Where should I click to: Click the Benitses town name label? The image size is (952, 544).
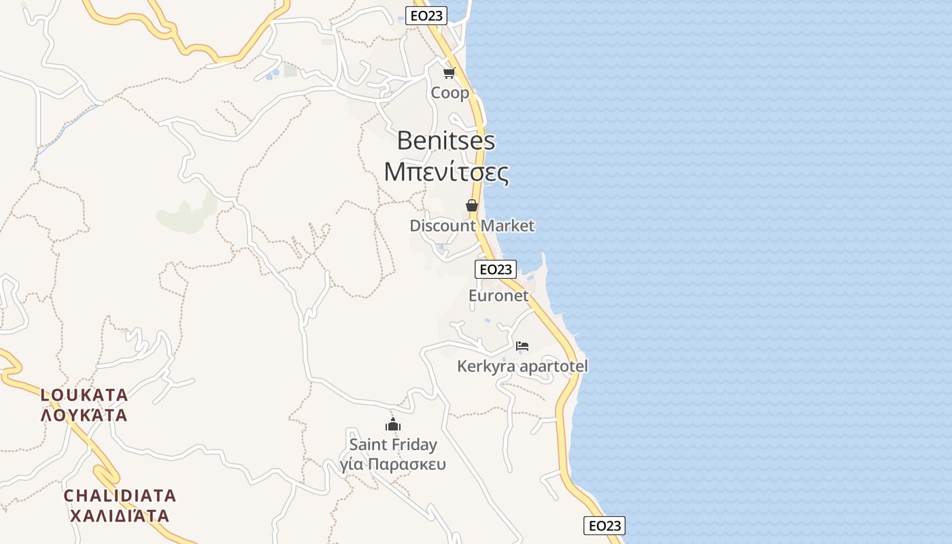[445, 141]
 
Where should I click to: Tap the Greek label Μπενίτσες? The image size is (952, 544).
[446, 172]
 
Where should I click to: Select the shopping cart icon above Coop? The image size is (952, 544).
[449, 73]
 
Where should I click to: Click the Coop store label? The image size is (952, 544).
[450, 92]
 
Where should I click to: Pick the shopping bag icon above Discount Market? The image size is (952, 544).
[472, 205]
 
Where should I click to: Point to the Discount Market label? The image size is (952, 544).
[472, 226]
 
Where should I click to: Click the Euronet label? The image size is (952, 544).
[498, 296]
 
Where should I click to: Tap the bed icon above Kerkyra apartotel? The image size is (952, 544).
[522, 346]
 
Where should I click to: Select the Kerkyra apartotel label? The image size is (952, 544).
[522, 367]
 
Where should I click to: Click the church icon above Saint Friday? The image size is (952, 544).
[393, 425]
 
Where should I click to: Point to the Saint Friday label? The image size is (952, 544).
[393, 445]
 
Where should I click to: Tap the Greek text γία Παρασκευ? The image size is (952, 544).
[393, 465]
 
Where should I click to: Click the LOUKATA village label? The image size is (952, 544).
[84, 395]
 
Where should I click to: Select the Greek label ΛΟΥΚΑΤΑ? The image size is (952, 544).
[84, 415]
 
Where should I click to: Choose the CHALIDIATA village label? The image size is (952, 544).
[120, 495]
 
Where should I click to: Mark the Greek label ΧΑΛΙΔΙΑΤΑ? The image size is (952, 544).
[120, 515]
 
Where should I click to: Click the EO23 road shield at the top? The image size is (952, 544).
[426, 16]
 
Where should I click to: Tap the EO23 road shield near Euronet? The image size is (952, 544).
[496, 269]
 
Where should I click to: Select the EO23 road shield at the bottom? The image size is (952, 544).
[604, 526]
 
